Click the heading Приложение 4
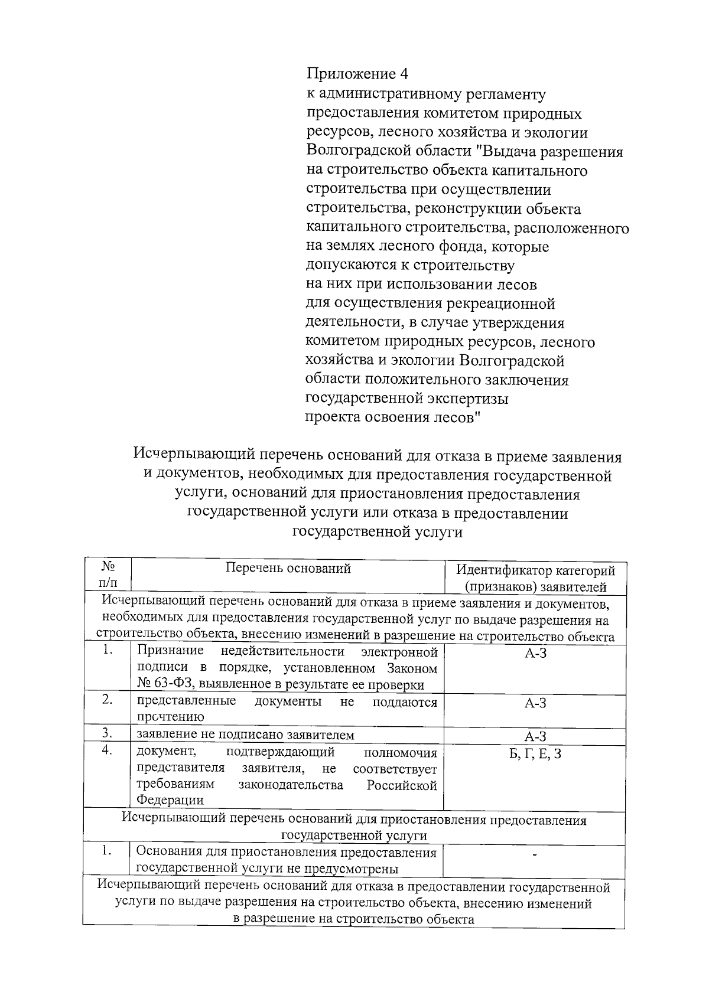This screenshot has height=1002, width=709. [x=357, y=74]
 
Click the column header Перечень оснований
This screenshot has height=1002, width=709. [x=288, y=569]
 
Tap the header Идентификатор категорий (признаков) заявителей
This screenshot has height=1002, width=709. [x=535, y=579]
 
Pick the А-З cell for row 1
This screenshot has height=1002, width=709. [x=535, y=654]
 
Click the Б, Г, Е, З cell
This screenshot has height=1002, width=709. [x=535, y=753]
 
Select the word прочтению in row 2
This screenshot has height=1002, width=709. [x=171, y=717]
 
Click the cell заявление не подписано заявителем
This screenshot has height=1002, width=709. [x=246, y=735]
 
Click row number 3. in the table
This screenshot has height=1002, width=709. [x=107, y=733]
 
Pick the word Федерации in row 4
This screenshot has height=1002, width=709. [x=170, y=800]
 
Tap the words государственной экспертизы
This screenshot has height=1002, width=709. [x=407, y=399]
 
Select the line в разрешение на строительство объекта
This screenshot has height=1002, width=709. [x=353, y=919]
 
